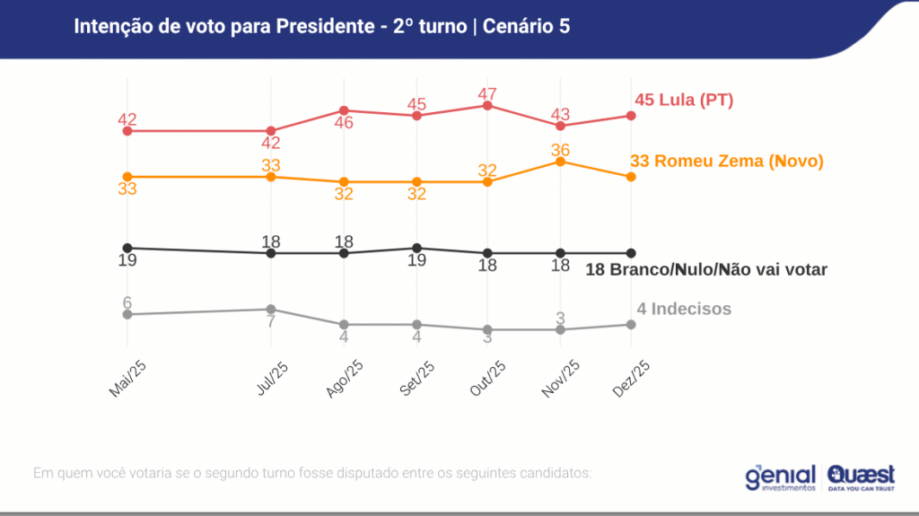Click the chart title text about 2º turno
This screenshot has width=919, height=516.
(x=321, y=26)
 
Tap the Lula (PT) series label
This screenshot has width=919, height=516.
(x=684, y=101)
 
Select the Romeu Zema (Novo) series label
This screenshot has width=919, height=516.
(x=726, y=162)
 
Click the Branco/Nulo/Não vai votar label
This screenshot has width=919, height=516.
(x=705, y=269)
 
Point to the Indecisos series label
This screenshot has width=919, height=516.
(x=684, y=310)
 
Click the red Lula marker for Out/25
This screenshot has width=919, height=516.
(x=487, y=106)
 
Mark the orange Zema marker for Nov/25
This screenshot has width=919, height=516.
(x=560, y=162)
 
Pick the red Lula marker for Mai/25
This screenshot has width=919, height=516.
(x=127, y=131)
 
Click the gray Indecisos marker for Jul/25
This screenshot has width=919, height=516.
(x=271, y=310)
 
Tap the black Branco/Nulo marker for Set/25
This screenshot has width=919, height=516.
(x=416, y=248)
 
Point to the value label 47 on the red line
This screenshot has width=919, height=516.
(x=487, y=93)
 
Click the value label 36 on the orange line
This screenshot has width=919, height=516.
(x=560, y=149)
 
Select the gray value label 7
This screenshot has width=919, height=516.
(x=270, y=322)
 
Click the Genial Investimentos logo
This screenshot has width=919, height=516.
(x=780, y=477)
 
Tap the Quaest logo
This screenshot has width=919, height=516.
(x=861, y=477)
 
